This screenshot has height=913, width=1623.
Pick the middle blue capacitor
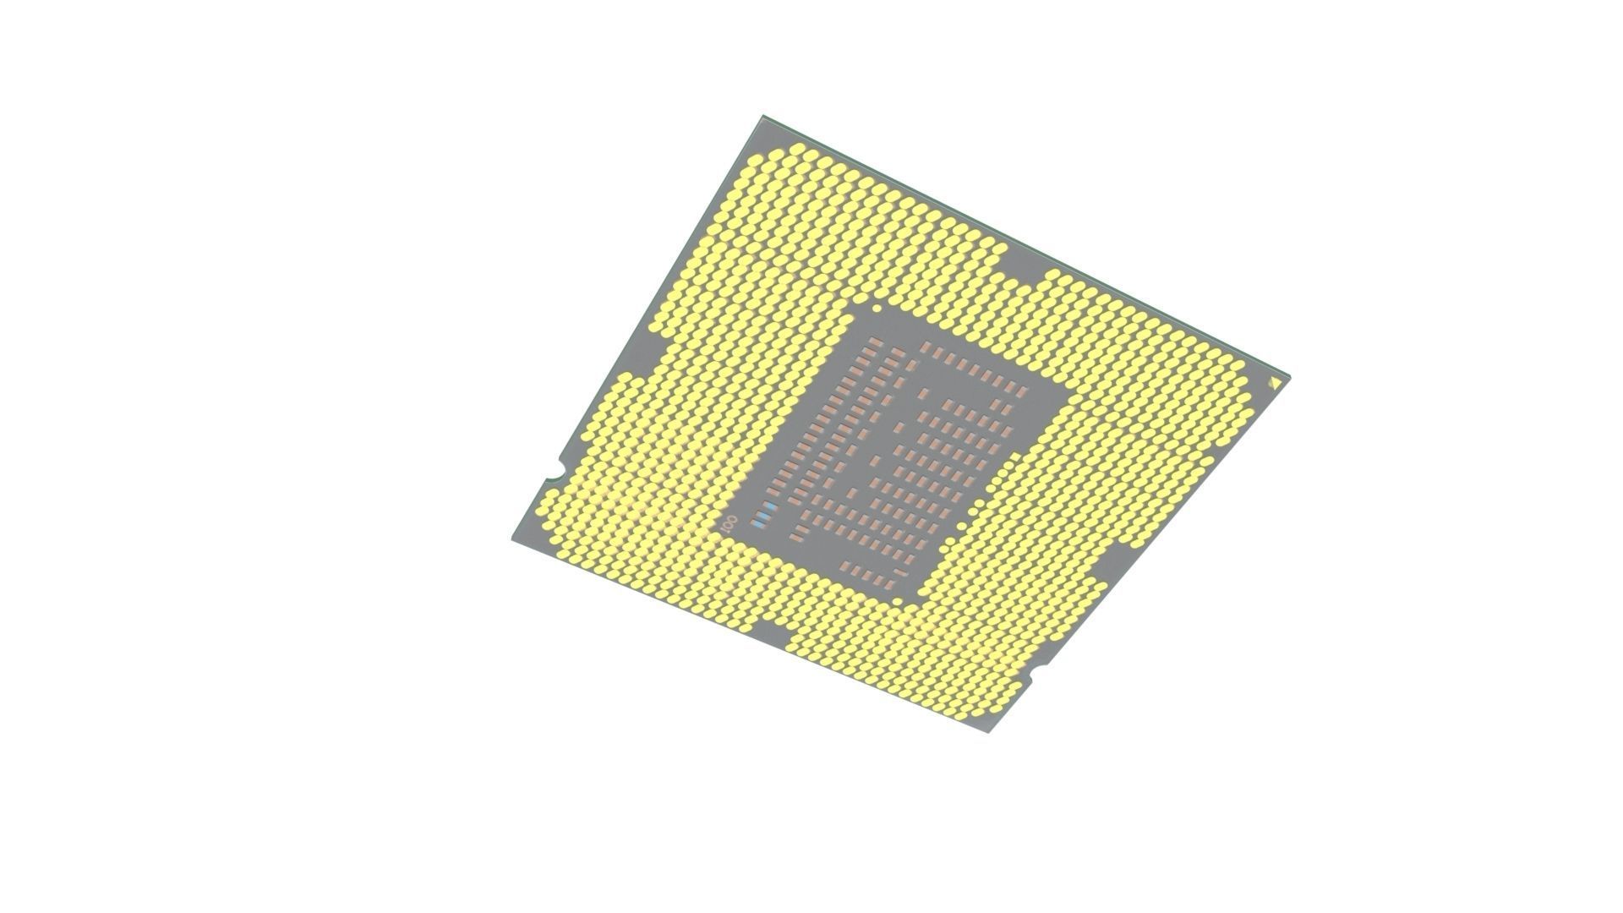click(764, 516)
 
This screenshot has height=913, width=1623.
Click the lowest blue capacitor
click(758, 524)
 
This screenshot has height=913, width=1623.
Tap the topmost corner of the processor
click(763, 116)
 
